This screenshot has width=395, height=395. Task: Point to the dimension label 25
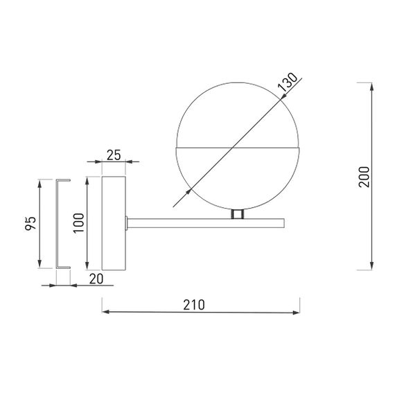tap(114, 155)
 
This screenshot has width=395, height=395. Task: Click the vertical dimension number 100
tap(78, 222)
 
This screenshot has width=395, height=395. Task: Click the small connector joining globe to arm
tap(238, 215)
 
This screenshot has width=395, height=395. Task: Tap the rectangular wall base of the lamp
tap(114, 222)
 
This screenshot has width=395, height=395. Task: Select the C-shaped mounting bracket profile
tap(63, 223)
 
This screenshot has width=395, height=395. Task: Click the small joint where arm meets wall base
tap(127, 222)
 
